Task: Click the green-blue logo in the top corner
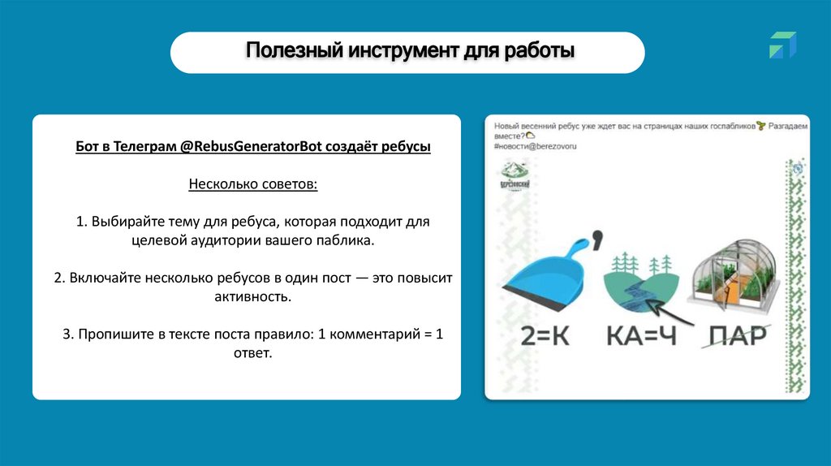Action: tap(782, 45)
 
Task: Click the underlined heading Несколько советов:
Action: tap(253, 184)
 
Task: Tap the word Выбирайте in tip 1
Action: tap(123, 221)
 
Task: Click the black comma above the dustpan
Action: tap(598, 240)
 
